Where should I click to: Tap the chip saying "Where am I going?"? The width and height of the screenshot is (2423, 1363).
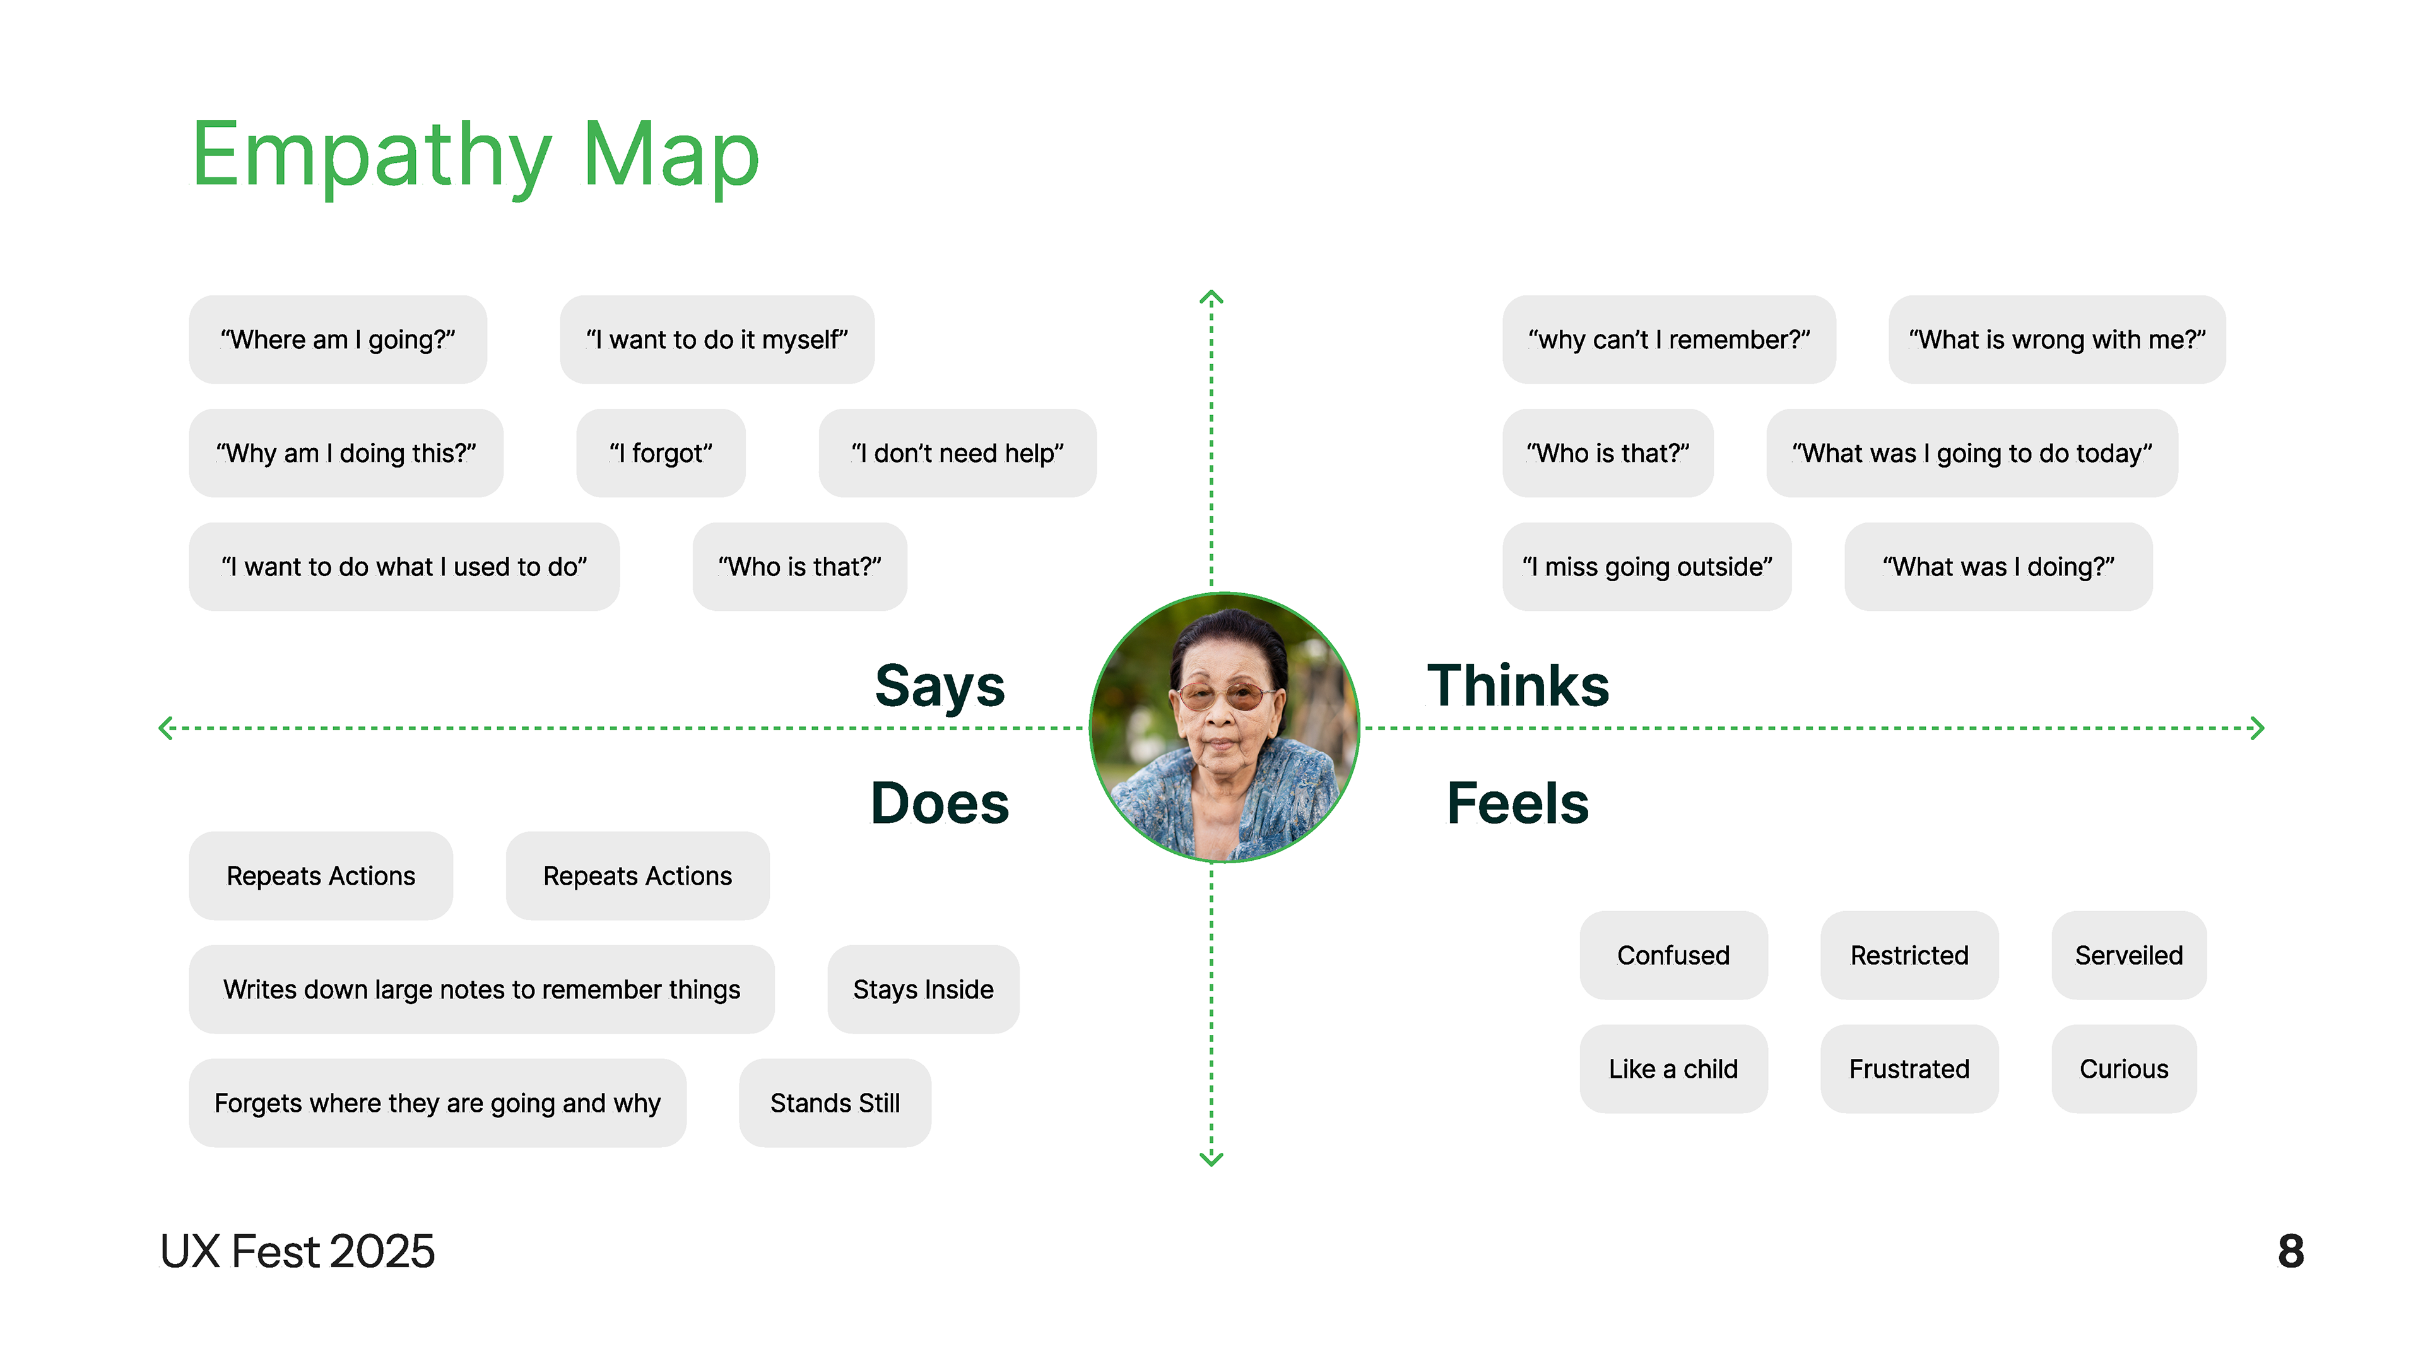338,339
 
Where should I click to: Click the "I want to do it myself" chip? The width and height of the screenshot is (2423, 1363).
717,339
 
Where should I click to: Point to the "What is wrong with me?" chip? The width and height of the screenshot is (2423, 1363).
2056,339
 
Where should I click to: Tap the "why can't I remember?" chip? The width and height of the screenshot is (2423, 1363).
1668,339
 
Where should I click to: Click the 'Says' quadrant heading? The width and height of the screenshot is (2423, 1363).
939,686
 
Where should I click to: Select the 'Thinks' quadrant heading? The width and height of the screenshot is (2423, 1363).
1517,686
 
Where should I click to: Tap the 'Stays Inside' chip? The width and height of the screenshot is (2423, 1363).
923,989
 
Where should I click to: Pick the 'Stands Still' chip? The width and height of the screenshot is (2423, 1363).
834,1104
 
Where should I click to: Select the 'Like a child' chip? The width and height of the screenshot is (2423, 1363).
1672,1070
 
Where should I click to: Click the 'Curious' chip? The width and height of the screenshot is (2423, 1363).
2123,1070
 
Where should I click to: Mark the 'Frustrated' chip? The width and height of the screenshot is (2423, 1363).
1909,1070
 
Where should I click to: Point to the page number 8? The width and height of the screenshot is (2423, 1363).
2290,1252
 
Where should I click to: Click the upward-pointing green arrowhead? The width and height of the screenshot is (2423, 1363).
1211,298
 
